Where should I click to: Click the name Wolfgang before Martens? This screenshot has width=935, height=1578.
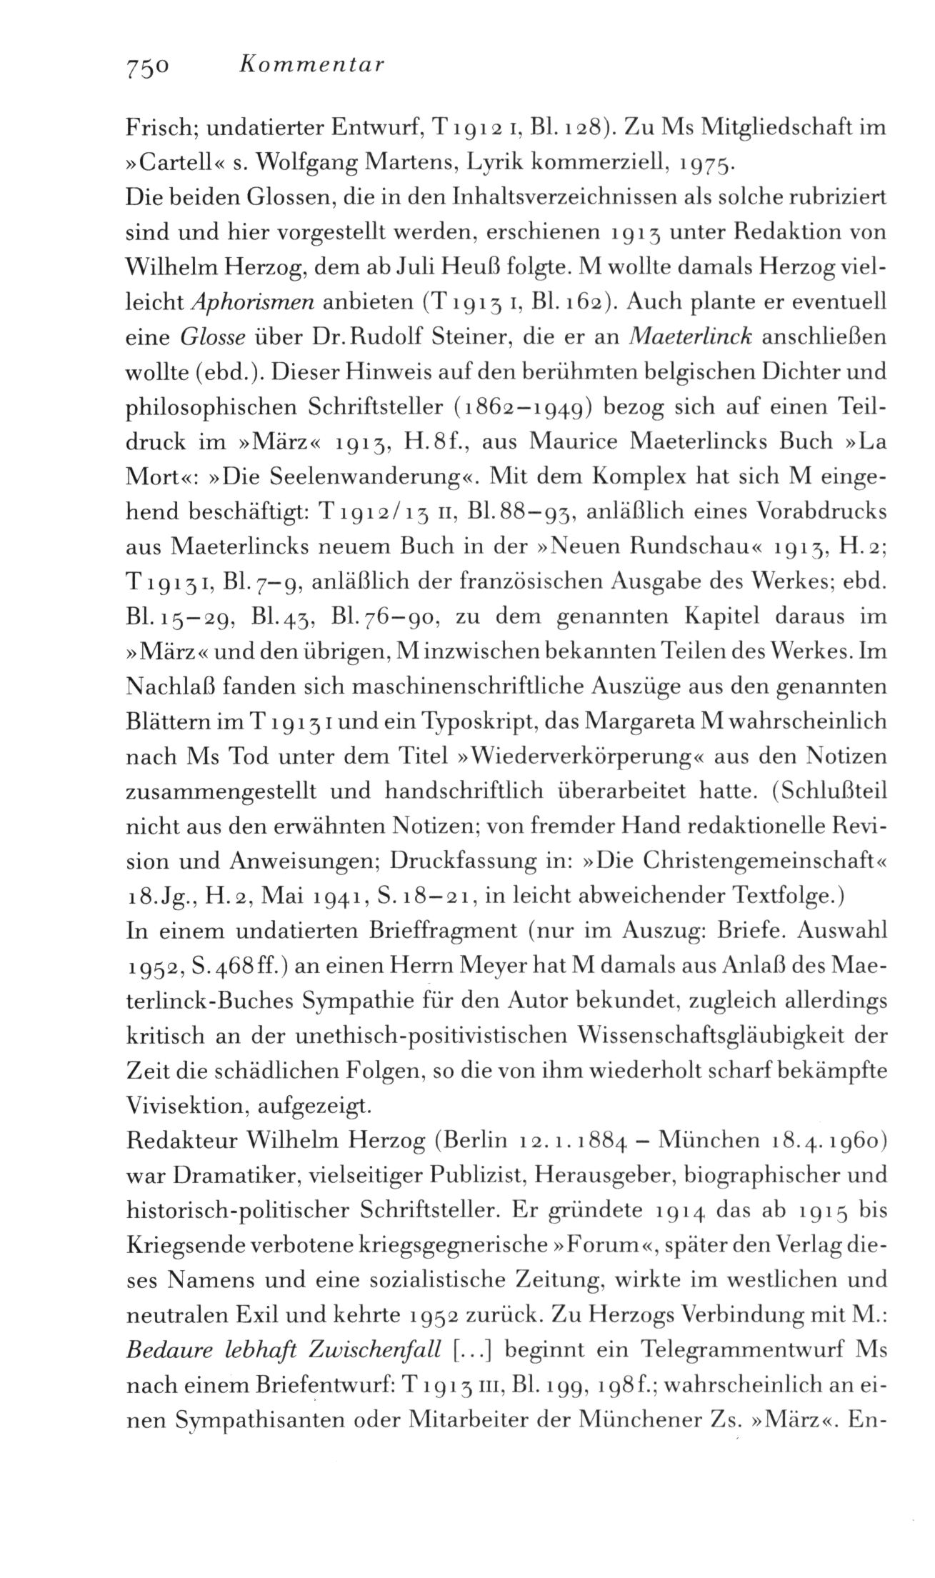[x=290, y=165]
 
